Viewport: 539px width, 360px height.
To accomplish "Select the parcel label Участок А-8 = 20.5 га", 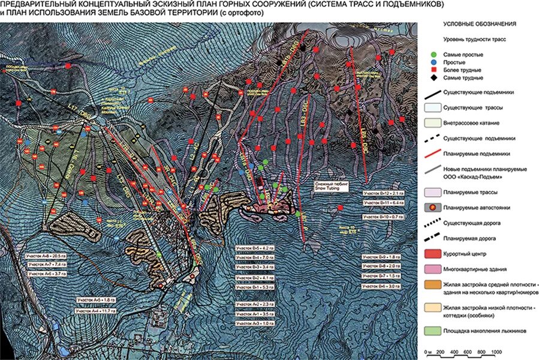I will (45, 256).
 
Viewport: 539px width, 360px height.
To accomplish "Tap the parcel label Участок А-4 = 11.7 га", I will (95, 310).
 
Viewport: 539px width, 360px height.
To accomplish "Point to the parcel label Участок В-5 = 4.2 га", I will (254, 247).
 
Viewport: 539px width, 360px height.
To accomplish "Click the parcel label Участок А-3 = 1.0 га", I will (254, 323).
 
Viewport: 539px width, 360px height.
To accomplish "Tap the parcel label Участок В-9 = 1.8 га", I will (381, 256).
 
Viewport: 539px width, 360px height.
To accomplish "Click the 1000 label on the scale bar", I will (496, 352).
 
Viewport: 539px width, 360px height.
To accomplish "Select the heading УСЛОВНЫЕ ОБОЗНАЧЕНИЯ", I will (479, 24).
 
